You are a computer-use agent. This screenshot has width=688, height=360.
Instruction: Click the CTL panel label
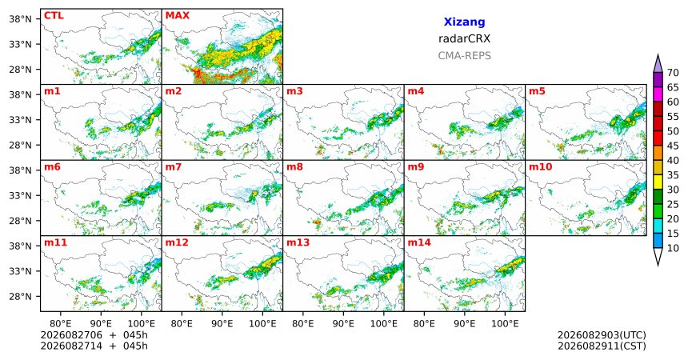54,16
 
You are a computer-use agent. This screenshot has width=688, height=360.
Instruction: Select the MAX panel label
178,16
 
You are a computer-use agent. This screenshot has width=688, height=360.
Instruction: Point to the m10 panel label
541,167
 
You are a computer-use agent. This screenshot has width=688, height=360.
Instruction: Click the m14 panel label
419,242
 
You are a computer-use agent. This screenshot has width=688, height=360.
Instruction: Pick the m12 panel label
177,242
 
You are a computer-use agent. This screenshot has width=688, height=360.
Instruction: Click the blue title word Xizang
464,22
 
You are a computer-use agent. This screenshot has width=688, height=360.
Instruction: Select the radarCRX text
464,38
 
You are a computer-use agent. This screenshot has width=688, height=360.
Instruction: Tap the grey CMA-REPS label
464,56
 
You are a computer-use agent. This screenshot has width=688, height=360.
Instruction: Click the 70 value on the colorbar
673,73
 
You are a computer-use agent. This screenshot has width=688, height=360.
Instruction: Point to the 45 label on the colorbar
673,146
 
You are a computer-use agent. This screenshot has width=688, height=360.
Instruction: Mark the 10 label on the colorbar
673,248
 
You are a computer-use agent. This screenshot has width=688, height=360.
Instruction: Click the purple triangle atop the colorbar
658,64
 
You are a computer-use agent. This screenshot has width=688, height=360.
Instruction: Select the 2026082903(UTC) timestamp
602,335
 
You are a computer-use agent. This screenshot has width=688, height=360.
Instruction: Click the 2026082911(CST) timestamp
602,346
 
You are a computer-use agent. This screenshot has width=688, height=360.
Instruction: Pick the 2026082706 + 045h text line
94,335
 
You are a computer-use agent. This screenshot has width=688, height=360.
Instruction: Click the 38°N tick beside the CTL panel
21,19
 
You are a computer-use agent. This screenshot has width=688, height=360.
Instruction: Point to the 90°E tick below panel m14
465,324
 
